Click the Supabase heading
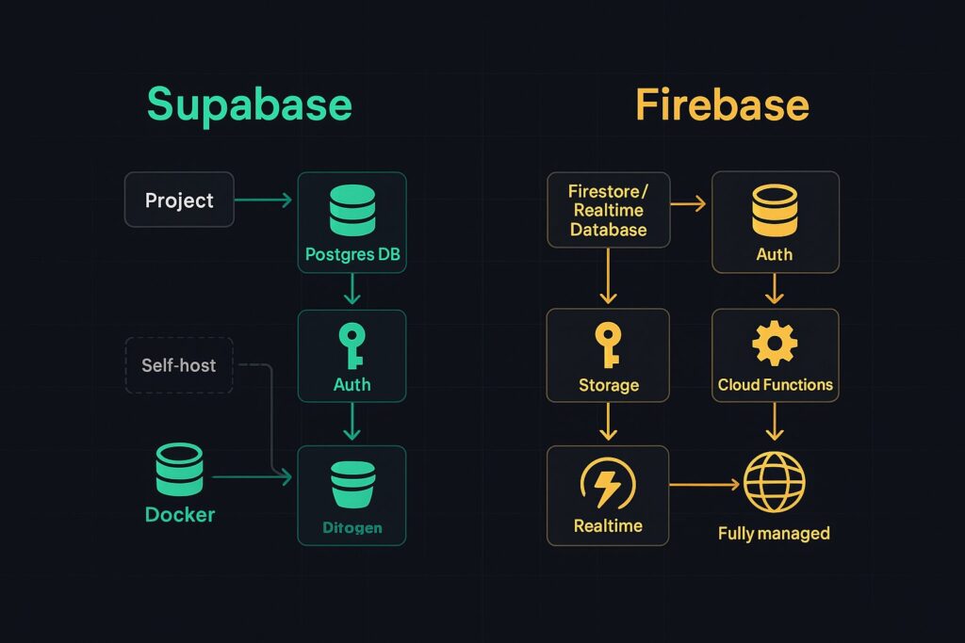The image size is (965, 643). click(249, 104)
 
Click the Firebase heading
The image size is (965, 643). click(722, 104)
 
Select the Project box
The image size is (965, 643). click(179, 200)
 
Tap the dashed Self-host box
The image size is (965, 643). click(179, 364)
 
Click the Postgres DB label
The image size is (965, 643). click(352, 254)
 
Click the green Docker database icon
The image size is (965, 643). click(178, 469)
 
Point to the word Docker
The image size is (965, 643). click(180, 515)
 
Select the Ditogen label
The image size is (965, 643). click(352, 527)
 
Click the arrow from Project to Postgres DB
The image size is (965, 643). click(265, 200)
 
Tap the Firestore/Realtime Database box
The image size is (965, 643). click(608, 210)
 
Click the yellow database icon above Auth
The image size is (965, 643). click(775, 210)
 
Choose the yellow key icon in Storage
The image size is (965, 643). click(608, 345)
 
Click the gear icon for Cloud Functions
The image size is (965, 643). click(775, 345)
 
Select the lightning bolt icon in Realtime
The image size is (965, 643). click(608, 485)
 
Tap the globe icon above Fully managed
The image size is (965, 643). click(774, 482)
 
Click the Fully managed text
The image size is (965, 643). click(774, 533)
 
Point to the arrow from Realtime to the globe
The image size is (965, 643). click(705, 485)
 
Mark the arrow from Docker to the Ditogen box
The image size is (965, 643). click(252, 478)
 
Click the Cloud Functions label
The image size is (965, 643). click(775, 384)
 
